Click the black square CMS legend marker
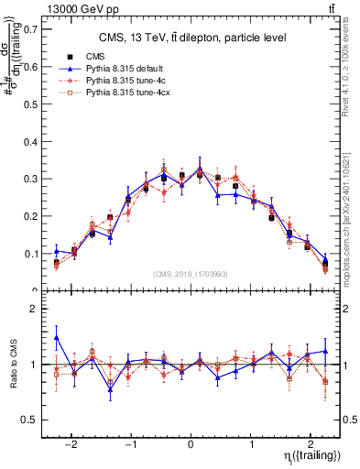(x=70, y=57)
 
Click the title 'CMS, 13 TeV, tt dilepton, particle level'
(x=192, y=38)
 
